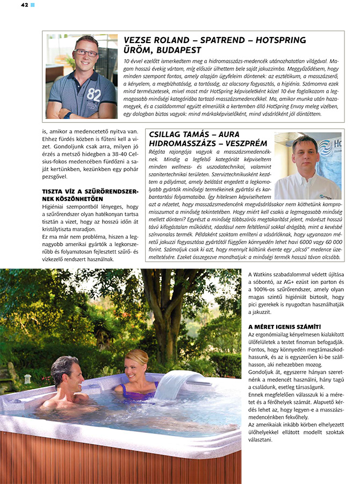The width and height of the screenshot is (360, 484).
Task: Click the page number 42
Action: (24, 5)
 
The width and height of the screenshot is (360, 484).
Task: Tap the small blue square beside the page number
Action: (32, 5)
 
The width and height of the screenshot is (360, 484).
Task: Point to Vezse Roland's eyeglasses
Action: (86, 53)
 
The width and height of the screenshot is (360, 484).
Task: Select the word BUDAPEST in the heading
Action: (176, 50)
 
